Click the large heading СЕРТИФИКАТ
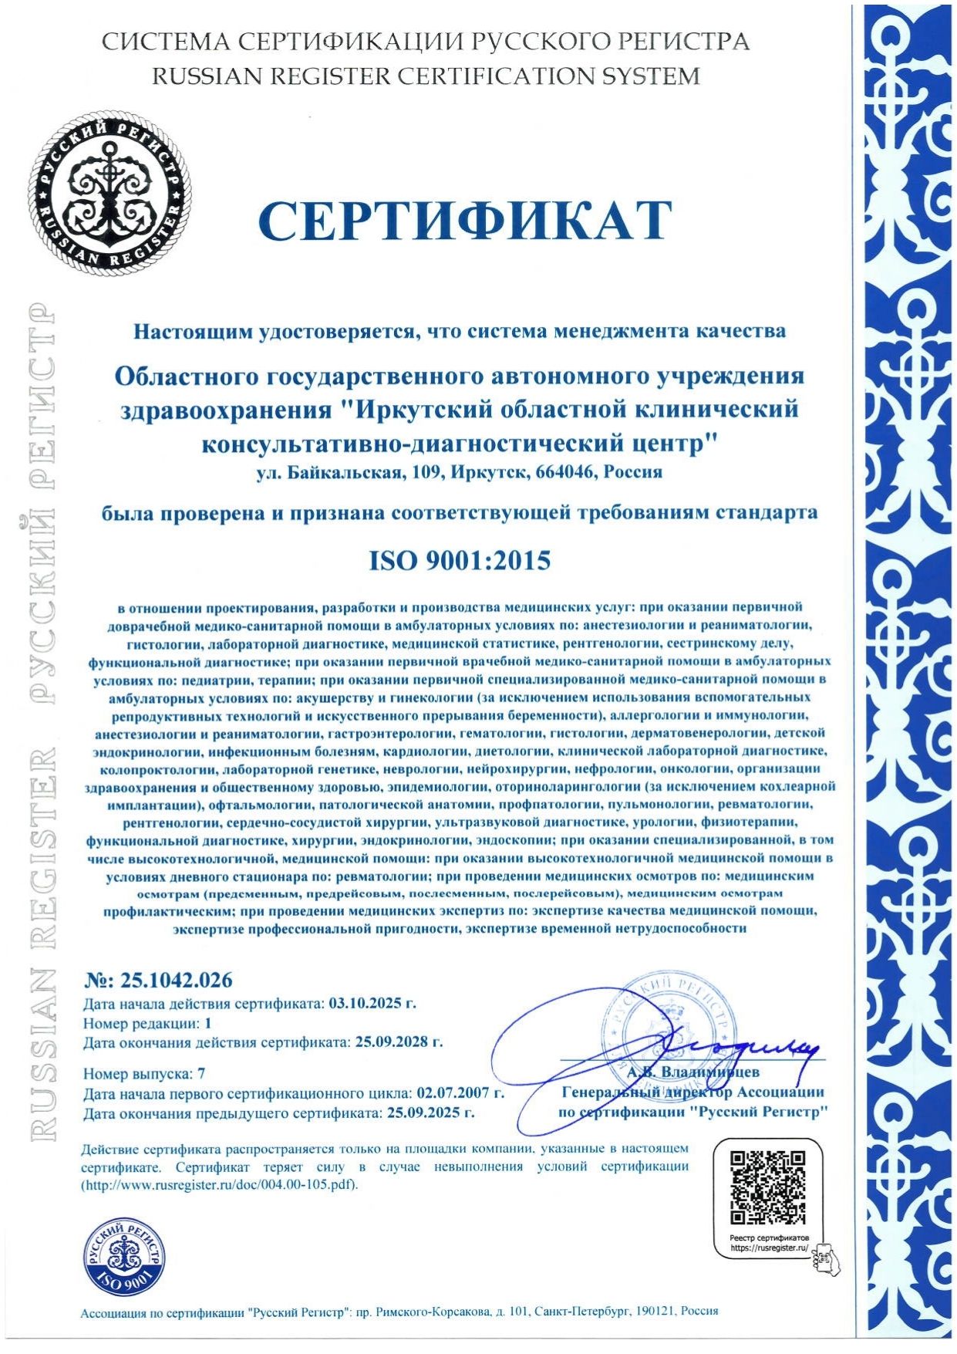point(465,221)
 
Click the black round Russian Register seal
point(110,191)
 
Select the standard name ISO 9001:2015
point(460,560)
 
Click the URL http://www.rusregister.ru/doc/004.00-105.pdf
point(220,1184)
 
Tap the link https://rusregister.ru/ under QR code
point(767,1248)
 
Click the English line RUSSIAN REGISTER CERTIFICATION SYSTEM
point(426,76)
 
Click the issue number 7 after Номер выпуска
point(201,1073)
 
